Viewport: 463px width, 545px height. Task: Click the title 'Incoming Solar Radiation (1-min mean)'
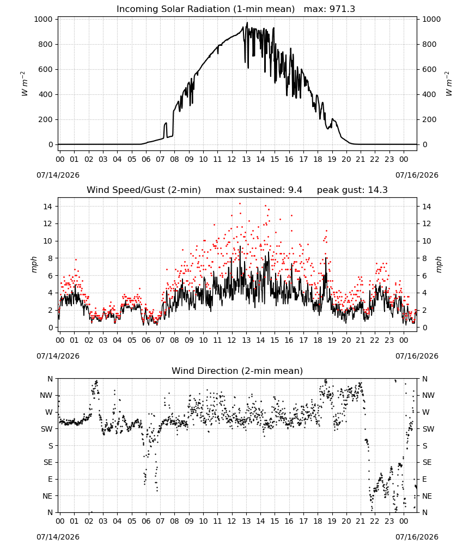[x=205, y=9]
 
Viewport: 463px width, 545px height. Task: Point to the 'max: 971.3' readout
[x=330, y=9]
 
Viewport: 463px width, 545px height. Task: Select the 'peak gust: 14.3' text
[x=352, y=190]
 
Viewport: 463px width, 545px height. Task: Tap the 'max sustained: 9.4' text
[x=259, y=190]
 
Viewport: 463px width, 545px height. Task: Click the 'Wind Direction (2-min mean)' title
[x=237, y=371]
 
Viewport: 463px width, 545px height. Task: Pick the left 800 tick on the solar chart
[x=46, y=45]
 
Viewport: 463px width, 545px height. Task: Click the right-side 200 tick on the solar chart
[x=429, y=119]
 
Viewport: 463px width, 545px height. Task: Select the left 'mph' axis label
[x=34, y=265]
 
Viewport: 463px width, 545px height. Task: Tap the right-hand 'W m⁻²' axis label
[x=448, y=84]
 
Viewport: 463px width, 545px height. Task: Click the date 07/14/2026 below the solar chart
[x=58, y=175]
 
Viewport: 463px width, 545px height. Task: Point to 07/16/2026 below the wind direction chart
[x=417, y=537]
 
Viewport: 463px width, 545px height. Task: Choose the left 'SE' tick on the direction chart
[x=48, y=463]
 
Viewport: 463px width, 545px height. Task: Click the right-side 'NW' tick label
[x=428, y=396]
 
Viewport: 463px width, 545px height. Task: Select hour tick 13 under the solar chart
[x=246, y=160]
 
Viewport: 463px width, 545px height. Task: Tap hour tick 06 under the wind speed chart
[x=146, y=340]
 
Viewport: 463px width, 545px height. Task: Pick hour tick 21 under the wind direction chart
[x=361, y=522]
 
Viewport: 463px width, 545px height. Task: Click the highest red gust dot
[x=240, y=204]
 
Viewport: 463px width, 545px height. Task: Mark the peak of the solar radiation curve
[x=247, y=22]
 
